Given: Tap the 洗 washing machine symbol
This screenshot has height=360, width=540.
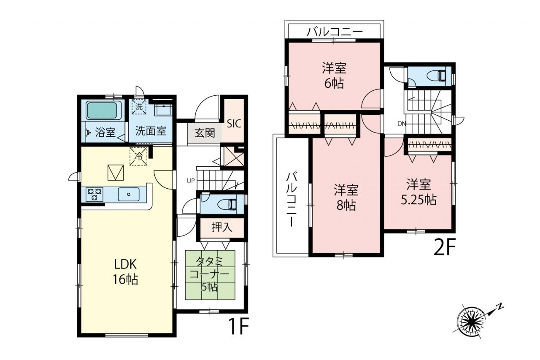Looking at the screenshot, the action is pyautogui.click(x=139, y=107).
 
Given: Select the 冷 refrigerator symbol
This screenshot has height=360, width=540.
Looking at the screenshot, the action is pyautogui.click(x=138, y=157).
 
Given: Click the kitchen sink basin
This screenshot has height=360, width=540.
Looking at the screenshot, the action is pyautogui.click(x=129, y=194).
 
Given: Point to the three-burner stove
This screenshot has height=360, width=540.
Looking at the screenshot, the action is pyautogui.click(x=94, y=194).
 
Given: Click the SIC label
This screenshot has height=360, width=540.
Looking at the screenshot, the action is pyautogui.click(x=234, y=124).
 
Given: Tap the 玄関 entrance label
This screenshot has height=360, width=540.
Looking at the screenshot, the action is pyautogui.click(x=205, y=133).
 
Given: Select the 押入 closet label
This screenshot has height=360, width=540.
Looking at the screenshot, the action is pyautogui.click(x=222, y=227).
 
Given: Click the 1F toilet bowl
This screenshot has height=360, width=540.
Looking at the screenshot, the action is pyautogui.click(x=227, y=204).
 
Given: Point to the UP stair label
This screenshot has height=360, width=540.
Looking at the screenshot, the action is pyautogui.click(x=191, y=181).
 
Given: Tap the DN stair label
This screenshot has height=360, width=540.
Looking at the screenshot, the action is pyautogui.click(x=402, y=124).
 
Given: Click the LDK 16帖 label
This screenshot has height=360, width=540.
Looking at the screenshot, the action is pyautogui.click(x=126, y=272).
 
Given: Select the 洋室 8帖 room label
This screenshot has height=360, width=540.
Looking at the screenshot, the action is pyautogui.click(x=346, y=197).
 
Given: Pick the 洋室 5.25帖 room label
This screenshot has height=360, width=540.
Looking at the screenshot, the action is pyautogui.click(x=419, y=192).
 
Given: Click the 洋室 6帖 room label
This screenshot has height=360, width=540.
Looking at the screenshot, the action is pyautogui.click(x=334, y=76).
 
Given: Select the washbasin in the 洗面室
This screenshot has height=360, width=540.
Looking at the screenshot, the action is pyautogui.click(x=163, y=110).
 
